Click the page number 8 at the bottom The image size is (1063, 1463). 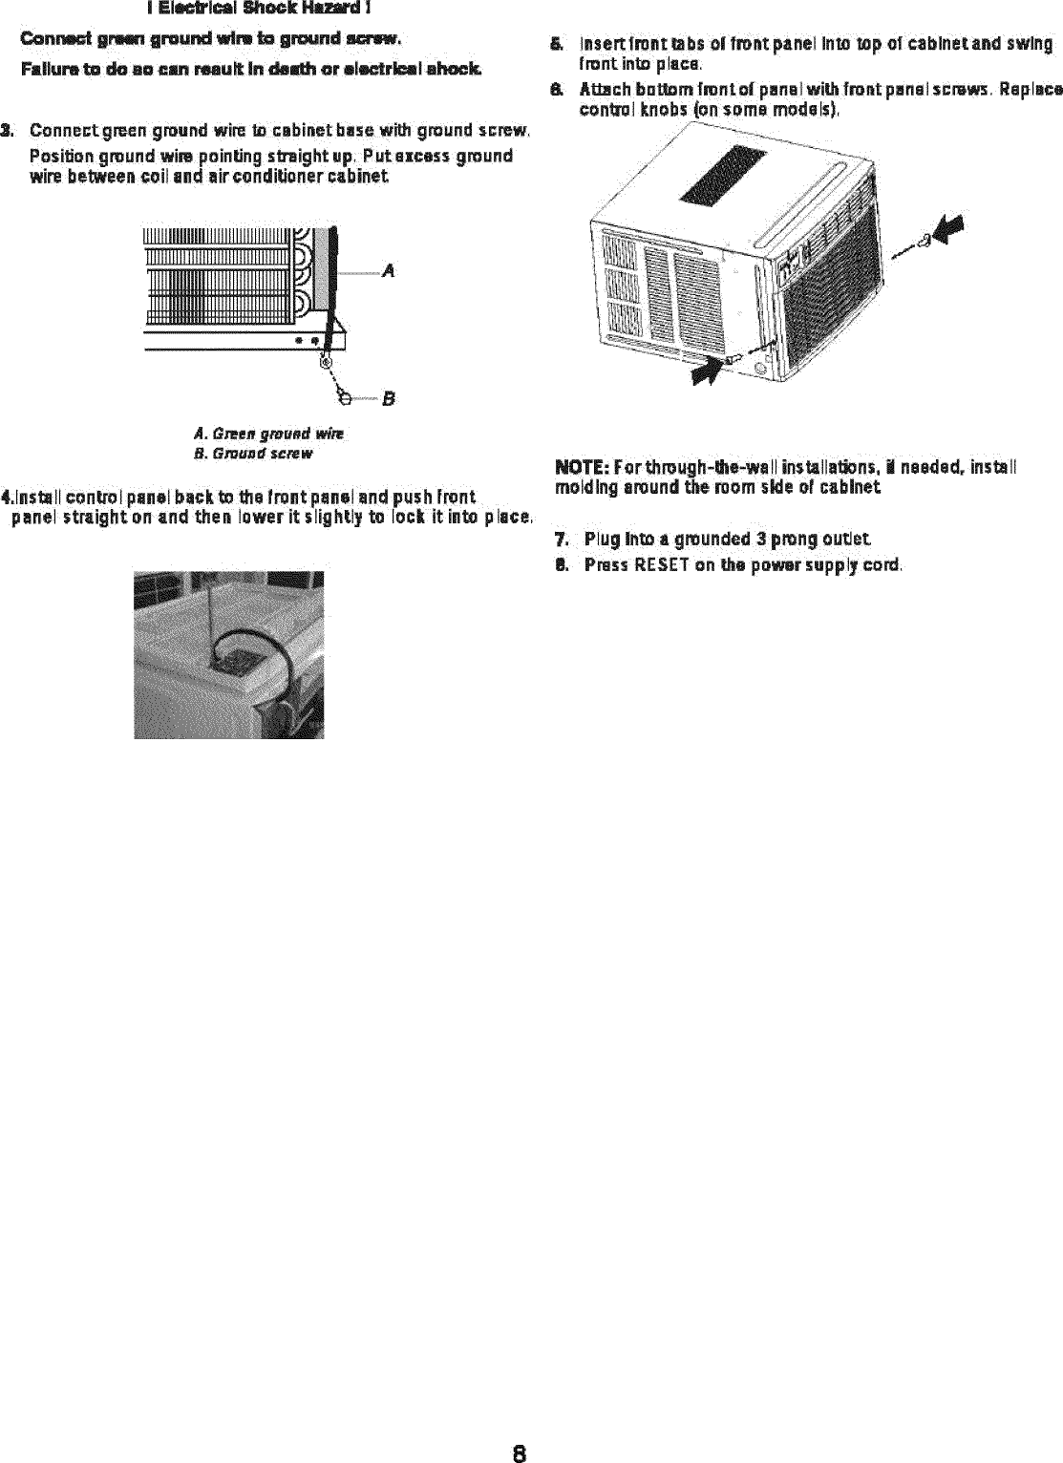517,1429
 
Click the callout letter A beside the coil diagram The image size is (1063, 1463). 388,271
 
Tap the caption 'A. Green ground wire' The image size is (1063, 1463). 268,435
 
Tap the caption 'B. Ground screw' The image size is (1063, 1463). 252,454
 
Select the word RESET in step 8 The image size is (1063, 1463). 658,564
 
